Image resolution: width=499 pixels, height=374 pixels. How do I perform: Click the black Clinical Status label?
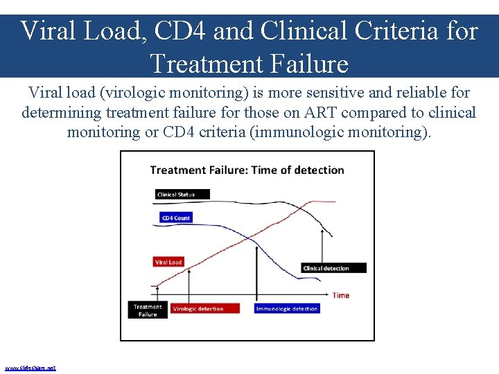coord(175,195)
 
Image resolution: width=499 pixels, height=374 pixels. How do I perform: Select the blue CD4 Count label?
coord(175,217)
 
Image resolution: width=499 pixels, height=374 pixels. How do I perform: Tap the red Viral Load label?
coord(168,262)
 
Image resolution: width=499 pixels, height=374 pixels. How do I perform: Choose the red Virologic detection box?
coord(204,309)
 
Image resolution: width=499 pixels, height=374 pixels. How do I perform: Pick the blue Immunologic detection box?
coord(287,309)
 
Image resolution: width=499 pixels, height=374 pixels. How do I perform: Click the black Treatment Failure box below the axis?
coord(148,310)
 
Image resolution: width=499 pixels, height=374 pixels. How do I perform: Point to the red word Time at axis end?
coord(341,295)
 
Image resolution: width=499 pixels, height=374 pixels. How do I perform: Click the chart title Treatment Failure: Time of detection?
coord(247,170)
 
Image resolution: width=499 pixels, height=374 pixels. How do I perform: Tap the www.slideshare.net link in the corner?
coord(30,368)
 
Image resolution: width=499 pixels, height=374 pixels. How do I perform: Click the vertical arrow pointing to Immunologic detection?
coord(257,270)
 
